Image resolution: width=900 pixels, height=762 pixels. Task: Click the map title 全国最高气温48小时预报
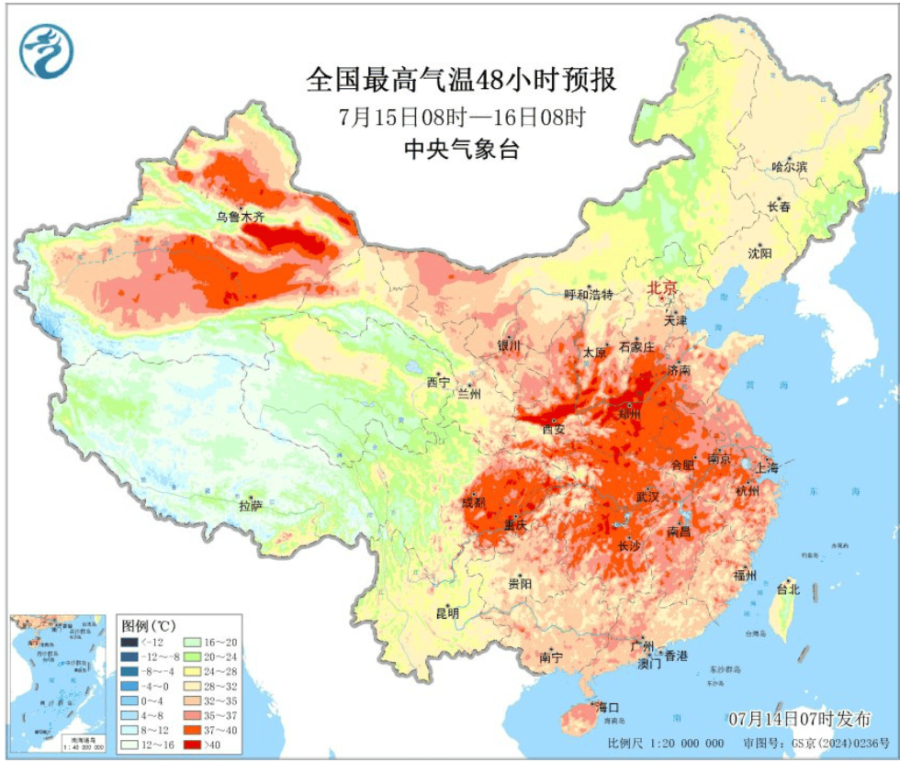[461, 81]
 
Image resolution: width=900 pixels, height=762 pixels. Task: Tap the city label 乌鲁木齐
[240, 218]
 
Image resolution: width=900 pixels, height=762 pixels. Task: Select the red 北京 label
[662, 288]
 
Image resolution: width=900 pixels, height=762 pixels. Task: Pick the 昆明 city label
[446, 613]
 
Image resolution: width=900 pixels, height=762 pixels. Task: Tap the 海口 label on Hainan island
[608, 708]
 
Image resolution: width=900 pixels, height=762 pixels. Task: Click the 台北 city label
[788, 588]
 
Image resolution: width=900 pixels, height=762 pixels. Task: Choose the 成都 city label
[474, 503]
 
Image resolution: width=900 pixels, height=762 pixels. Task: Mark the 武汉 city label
[647, 497]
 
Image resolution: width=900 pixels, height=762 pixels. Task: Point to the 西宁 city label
[438, 382]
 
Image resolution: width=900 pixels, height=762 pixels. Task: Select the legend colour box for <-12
[131, 643]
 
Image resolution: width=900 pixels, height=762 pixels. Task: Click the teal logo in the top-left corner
[46, 50]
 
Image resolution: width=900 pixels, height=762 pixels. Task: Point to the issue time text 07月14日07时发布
[799, 719]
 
